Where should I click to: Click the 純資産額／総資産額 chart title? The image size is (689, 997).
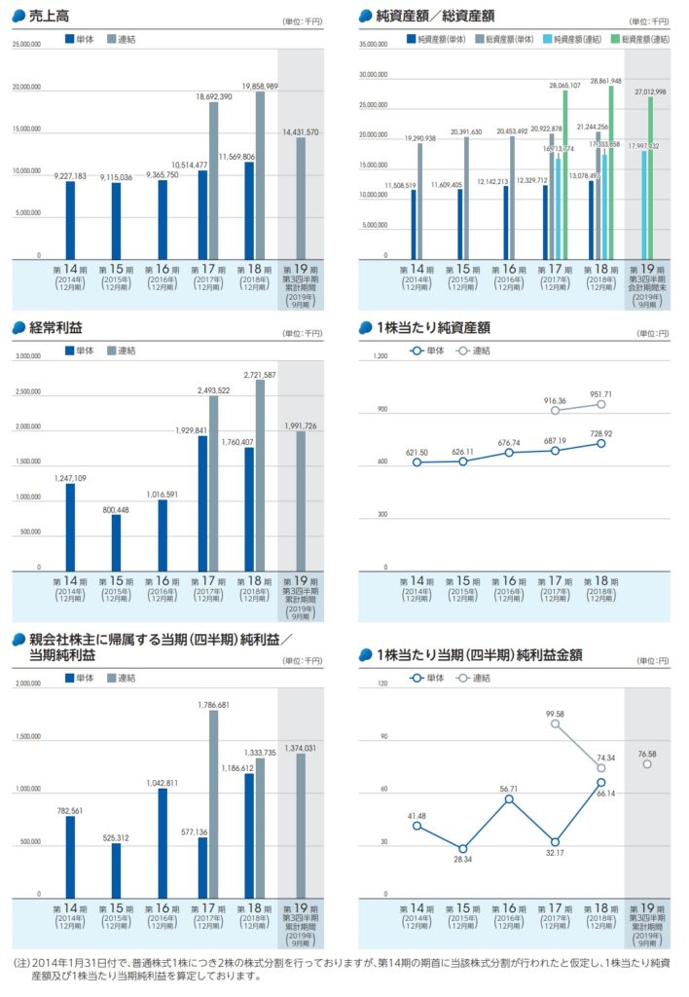pyautogui.click(x=434, y=16)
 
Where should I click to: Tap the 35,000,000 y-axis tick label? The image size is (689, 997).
pyautogui.click(x=374, y=44)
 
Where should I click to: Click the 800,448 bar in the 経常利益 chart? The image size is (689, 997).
pyautogui.click(x=116, y=542)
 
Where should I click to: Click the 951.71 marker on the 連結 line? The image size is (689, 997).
pyautogui.click(x=601, y=404)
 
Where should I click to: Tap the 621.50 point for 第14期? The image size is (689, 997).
pyautogui.click(x=417, y=462)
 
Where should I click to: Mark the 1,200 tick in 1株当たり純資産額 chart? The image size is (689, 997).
pyautogui.click(x=380, y=356)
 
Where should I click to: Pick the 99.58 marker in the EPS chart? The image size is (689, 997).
pyautogui.click(x=556, y=723)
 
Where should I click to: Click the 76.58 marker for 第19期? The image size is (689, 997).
pyautogui.click(x=647, y=764)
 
